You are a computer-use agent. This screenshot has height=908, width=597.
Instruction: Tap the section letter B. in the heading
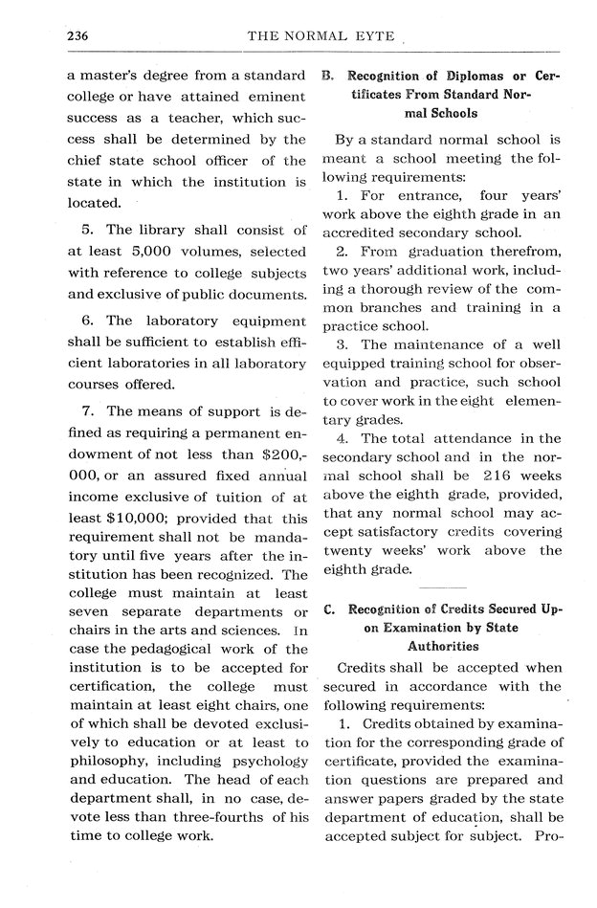(x=327, y=74)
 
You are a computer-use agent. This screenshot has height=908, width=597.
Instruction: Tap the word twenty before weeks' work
(x=351, y=551)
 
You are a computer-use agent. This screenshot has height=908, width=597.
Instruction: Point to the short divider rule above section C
(x=442, y=587)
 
